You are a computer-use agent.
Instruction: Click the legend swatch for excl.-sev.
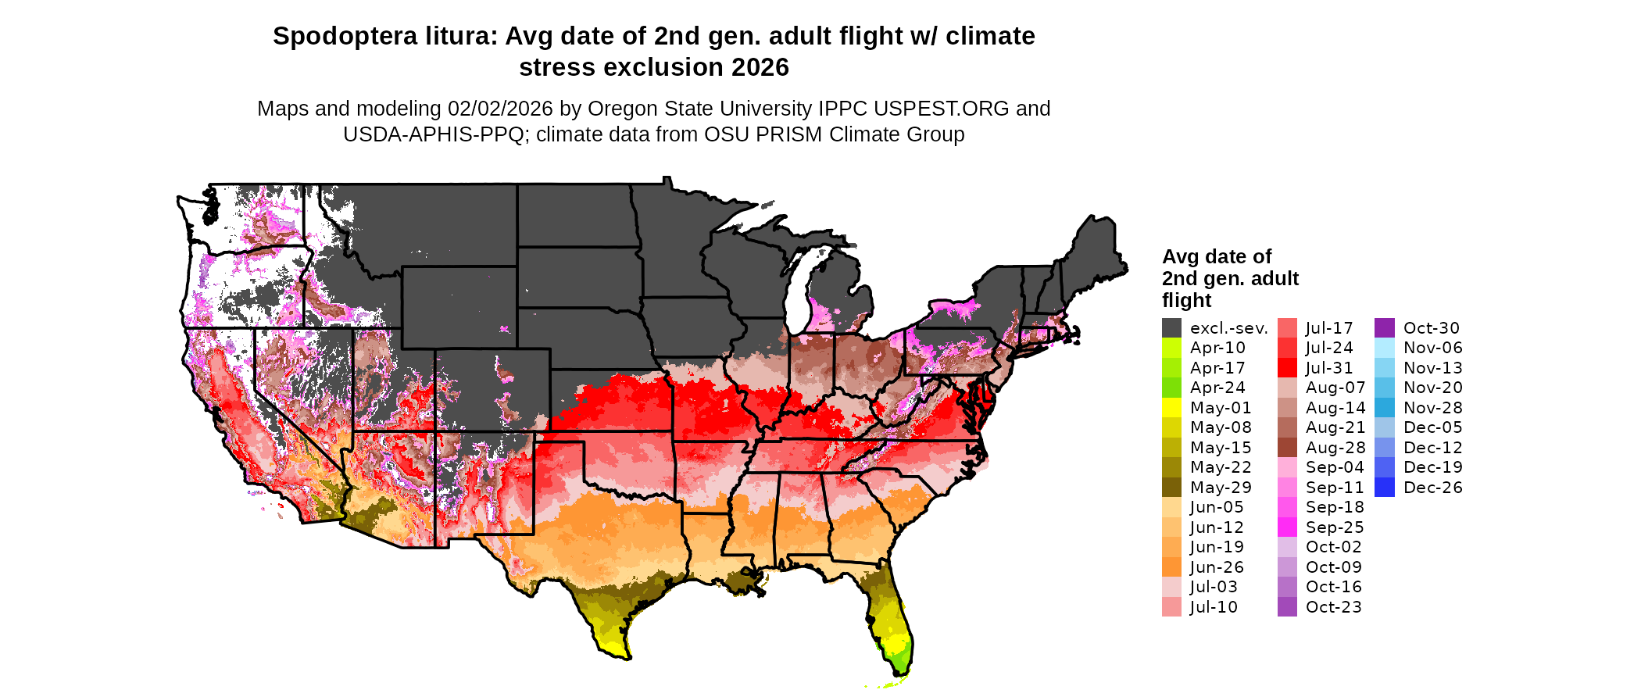(x=1171, y=328)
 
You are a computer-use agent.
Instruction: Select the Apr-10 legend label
(x=1217, y=348)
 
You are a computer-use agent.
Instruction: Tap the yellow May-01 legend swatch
(x=1171, y=408)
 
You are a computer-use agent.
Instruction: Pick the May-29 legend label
(x=1221, y=488)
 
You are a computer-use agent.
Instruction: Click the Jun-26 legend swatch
(x=1171, y=567)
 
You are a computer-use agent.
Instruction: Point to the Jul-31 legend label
(x=1329, y=368)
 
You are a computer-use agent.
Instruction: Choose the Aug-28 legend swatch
(x=1287, y=448)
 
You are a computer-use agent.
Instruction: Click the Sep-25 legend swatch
(x=1287, y=527)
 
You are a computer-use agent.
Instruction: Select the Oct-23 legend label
(x=1334, y=607)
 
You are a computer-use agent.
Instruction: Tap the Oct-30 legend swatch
(x=1385, y=328)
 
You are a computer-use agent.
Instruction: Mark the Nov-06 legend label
(x=1433, y=348)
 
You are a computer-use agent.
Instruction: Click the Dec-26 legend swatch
(x=1385, y=488)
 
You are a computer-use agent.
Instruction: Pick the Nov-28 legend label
(x=1433, y=408)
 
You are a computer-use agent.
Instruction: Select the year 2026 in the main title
(x=760, y=67)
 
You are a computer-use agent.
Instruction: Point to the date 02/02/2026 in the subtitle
(x=500, y=109)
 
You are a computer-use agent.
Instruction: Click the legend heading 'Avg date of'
(x=1217, y=256)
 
